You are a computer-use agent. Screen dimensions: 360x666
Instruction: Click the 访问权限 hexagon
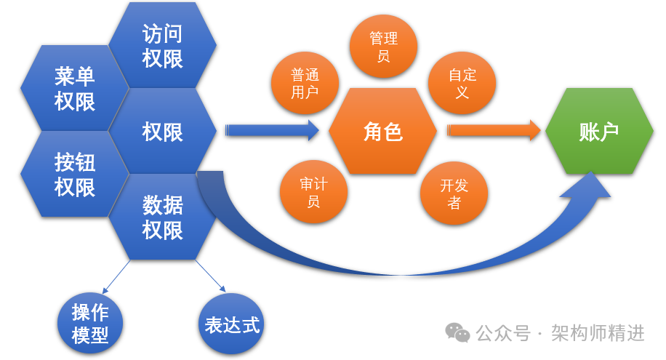[162, 45]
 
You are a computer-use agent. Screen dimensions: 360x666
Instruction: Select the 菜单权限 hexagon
[75, 88]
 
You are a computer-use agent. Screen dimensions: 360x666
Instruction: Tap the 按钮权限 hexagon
[75, 175]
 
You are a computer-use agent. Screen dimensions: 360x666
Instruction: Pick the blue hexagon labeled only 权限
[162, 132]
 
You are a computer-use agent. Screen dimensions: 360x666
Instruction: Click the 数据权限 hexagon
[162, 217]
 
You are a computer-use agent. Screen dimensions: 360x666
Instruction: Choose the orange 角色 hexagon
[382, 132]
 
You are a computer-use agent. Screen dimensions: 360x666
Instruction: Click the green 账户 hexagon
[598, 132]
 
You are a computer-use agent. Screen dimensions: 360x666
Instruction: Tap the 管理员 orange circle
[383, 47]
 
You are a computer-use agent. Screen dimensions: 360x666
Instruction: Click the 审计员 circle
[313, 192]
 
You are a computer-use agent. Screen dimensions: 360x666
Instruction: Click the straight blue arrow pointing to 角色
[273, 131]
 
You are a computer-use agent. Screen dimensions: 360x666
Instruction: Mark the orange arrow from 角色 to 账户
[494, 131]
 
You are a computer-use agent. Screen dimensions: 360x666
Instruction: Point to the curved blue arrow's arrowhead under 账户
[591, 185]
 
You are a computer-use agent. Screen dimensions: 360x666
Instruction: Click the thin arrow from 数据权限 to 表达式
[210, 276]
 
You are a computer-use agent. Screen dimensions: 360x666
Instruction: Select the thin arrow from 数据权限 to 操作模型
[116, 276]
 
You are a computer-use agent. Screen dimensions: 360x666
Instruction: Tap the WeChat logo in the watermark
[457, 333]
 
